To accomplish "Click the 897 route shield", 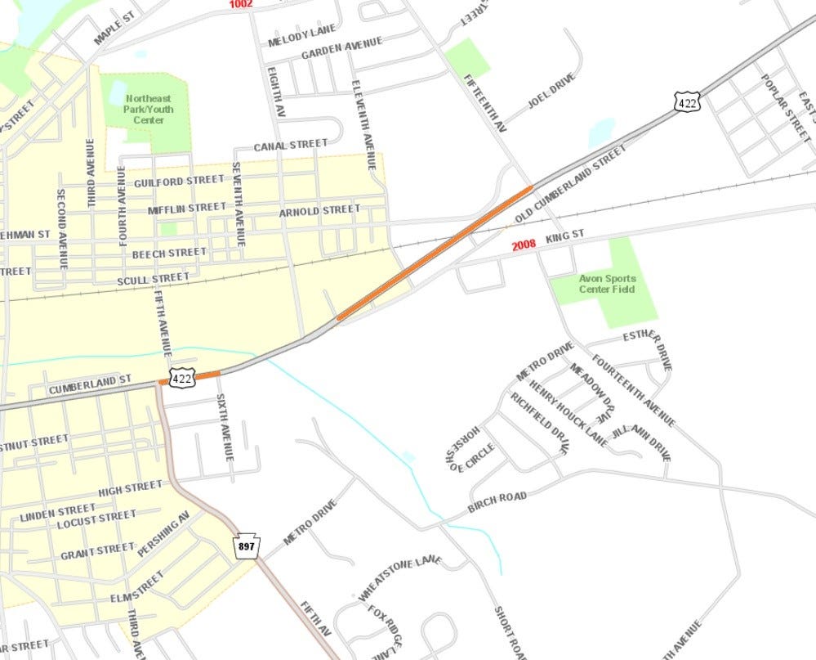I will coord(246,546).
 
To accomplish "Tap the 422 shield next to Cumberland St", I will coord(182,378).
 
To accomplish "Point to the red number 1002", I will coord(241,4).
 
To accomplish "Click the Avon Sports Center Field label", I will coord(607,284).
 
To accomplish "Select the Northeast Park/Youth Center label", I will coord(145,109).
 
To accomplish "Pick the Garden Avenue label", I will coord(341,51).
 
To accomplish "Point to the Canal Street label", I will coord(290,146).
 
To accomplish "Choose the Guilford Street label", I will coord(179,180).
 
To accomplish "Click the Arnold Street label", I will coord(319,210).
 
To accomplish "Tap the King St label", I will coord(566,236).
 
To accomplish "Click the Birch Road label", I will coord(497,502).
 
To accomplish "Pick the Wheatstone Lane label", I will coord(399,578).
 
